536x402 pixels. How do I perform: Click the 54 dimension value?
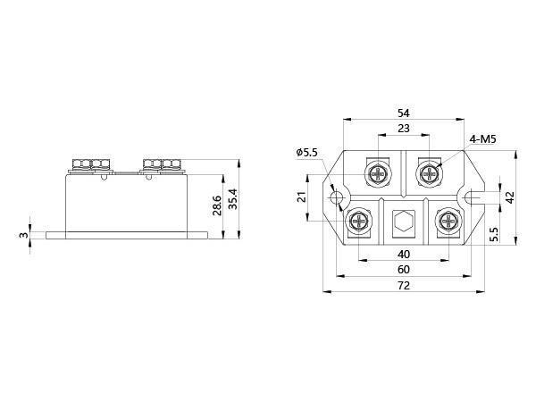[x=403, y=113]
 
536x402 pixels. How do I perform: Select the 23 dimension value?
[x=403, y=130]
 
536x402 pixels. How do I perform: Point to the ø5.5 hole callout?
[x=307, y=153]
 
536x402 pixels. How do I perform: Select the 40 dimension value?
[x=403, y=254]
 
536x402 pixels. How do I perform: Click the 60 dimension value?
[x=403, y=269]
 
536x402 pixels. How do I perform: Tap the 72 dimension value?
[x=403, y=285]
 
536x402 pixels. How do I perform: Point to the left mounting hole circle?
[x=336, y=197]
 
